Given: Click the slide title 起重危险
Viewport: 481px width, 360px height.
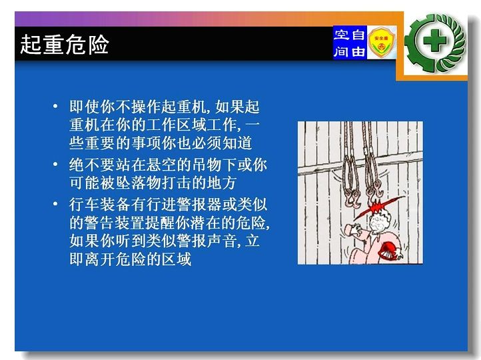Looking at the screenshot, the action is pyautogui.click(x=65, y=45).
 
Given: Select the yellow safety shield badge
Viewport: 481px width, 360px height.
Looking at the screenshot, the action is pyautogui.click(x=381, y=43).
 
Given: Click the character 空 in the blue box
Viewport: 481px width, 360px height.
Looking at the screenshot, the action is pyautogui.click(x=342, y=35).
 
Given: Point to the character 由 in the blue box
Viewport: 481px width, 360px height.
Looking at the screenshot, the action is pyautogui.click(x=358, y=51).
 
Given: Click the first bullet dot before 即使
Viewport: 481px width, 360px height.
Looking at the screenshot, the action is pyautogui.click(x=55, y=107).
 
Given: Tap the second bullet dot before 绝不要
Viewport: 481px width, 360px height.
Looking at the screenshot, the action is pyautogui.click(x=55, y=164).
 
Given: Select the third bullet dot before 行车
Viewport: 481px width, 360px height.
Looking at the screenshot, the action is pyautogui.click(x=55, y=203).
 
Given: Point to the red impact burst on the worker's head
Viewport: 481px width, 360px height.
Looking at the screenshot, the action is pyautogui.click(x=378, y=206).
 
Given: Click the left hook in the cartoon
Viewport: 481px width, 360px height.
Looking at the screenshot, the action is pyautogui.click(x=351, y=197).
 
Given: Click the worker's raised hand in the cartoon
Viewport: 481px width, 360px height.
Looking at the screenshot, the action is pyautogui.click(x=354, y=229).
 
